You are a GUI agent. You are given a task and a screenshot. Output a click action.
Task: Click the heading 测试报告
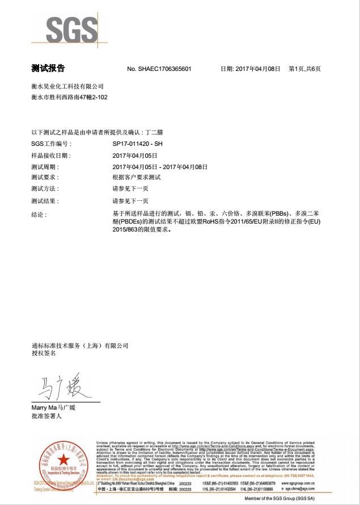(x=48, y=69)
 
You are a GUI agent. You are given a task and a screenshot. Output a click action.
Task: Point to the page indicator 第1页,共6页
(x=304, y=69)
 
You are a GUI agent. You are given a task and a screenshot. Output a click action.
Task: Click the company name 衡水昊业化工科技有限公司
(x=67, y=86)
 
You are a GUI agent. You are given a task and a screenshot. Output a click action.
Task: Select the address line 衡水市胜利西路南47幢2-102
(x=69, y=98)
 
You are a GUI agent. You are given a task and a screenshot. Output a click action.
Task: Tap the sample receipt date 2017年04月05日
(x=135, y=155)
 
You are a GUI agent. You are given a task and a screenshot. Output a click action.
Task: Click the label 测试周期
(x=45, y=167)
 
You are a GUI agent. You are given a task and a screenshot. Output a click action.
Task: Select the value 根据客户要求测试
(x=137, y=178)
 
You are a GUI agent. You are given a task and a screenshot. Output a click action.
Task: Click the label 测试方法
(x=45, y=188)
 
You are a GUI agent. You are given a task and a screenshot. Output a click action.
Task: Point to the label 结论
(x=39, y=214)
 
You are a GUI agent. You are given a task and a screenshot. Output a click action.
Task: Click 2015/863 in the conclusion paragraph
(x=126, y=230)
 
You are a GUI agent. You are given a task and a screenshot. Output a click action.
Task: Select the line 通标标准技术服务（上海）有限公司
(x=80, y=346)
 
